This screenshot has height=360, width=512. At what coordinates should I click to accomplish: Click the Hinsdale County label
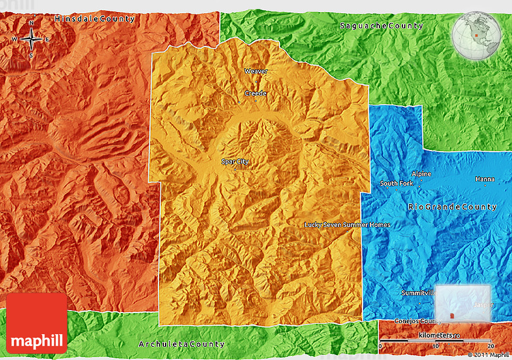[95, 19]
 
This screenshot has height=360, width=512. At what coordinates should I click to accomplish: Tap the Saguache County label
[381, 25]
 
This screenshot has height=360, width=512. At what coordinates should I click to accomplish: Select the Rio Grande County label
[452, 207]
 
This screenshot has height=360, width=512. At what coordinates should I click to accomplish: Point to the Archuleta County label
[181, 344]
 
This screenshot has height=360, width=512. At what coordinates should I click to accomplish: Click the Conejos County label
[414, 321]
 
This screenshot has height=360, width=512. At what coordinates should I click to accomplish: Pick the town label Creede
[255, 93]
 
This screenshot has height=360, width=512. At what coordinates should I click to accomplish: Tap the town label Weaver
[256, 71]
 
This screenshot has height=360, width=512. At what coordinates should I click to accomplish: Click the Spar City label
[235, 161]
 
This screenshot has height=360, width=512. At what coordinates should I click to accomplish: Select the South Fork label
[396, 184]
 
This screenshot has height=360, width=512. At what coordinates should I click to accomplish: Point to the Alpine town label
[422, 174]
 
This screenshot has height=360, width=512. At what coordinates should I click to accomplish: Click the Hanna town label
[485, 179]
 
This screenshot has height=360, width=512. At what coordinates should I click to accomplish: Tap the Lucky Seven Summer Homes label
[347, 225]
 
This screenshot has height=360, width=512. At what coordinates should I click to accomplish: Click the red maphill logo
[37, 323]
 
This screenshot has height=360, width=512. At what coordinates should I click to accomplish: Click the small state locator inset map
[463, 303]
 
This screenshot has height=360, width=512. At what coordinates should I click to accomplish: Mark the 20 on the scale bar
[491, 346]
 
